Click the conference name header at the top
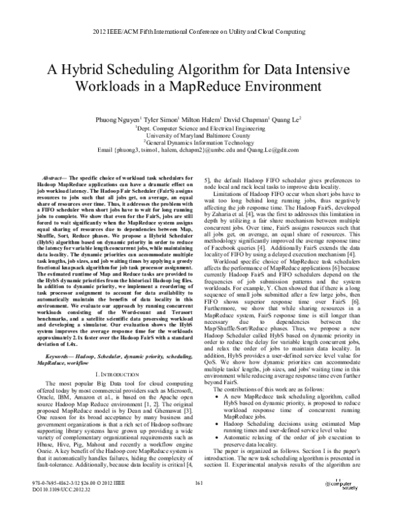pos(199,31)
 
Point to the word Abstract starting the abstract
pos(55,179)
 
